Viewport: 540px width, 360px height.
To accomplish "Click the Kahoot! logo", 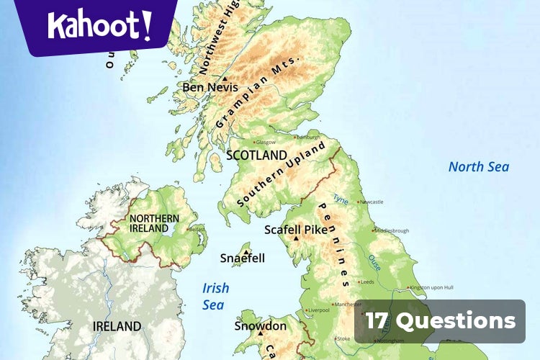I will coord(101,25).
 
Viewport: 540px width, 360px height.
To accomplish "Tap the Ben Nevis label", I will coord(210,87).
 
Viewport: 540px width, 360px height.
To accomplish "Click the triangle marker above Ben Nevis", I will coord(225,78).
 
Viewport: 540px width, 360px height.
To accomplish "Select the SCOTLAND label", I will coord(256,155).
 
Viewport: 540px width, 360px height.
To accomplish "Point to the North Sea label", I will coord(479,167).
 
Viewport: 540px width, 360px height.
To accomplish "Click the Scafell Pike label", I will coord(296,230).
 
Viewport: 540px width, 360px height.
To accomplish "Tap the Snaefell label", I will coord(243,258).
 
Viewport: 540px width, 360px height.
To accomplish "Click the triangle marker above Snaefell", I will coord(246,251).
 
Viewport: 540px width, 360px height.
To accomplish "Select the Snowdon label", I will coord(260,326).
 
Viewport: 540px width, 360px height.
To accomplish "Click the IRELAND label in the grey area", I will coord(117,326).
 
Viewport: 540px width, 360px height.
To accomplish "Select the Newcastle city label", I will coord(372,202).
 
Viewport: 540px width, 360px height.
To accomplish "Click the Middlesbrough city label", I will coord(393,231).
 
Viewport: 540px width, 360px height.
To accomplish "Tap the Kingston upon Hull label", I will coord(432,287).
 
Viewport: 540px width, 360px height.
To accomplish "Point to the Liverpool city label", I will coord(318,310).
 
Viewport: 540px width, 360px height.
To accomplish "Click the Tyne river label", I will coord(341,198).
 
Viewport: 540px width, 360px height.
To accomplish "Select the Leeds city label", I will coord(367,282).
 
